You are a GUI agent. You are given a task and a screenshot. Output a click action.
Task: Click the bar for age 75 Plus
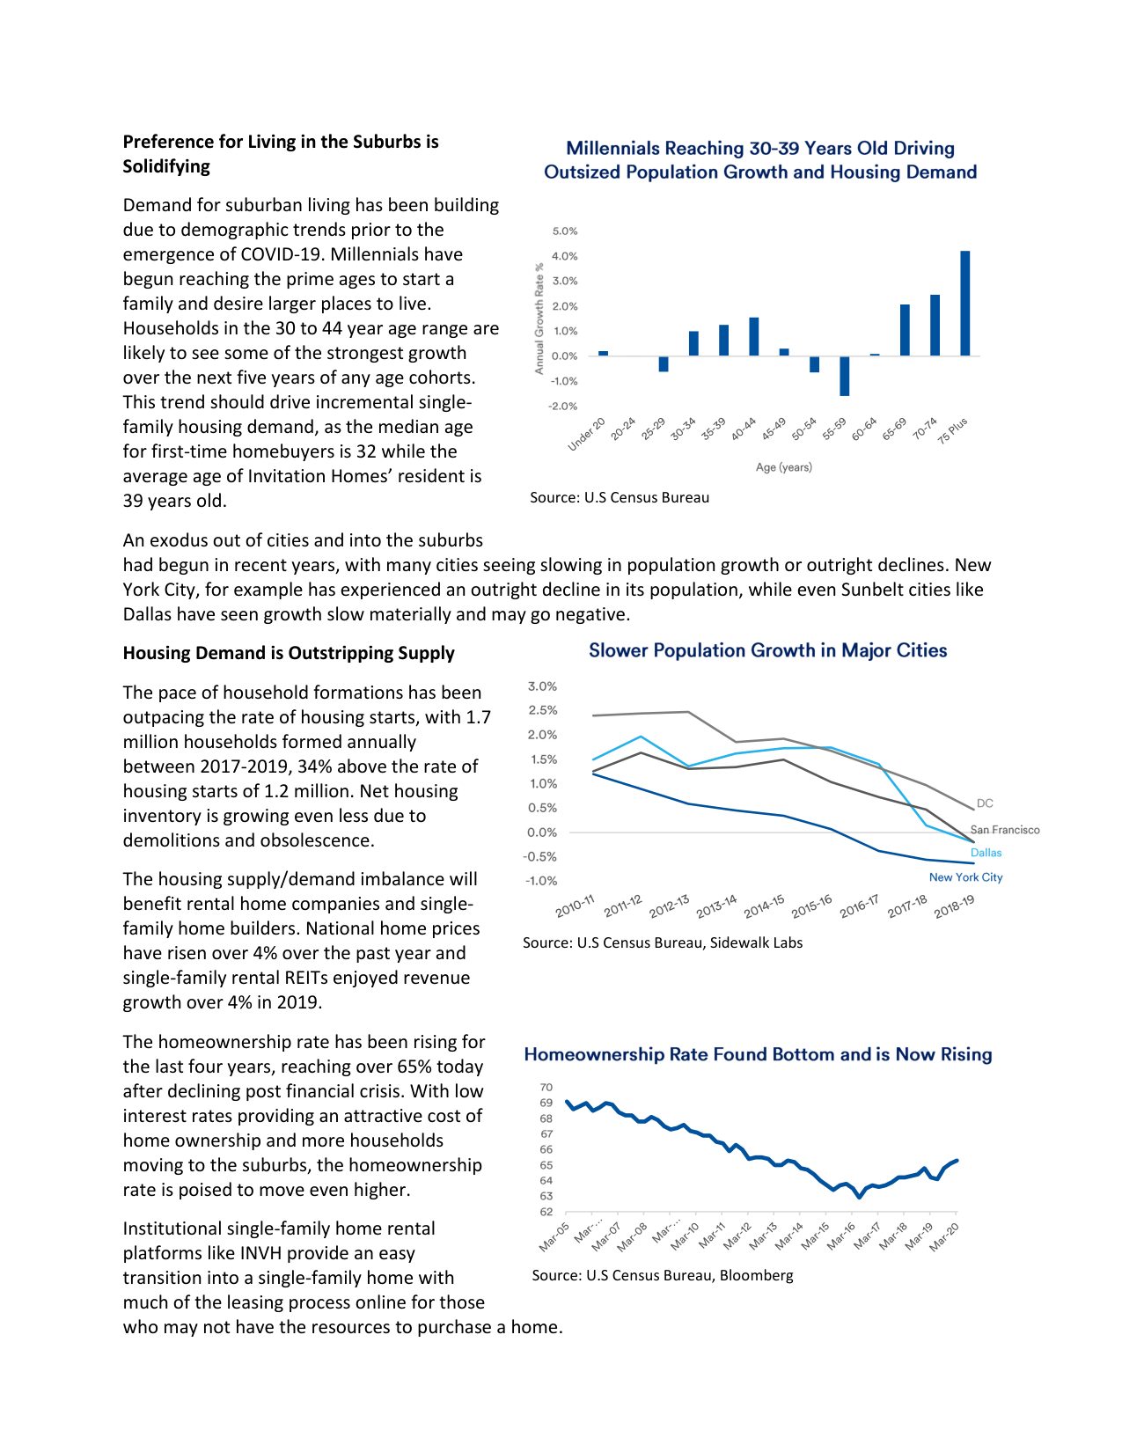(964, 303)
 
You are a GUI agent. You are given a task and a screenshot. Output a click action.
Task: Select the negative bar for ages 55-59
(844, 376)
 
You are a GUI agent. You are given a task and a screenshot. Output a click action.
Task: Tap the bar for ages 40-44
(753, 336)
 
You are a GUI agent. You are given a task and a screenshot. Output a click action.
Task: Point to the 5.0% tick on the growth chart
(564, 231)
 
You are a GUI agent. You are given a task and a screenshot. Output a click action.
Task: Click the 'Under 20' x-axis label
(587, 435)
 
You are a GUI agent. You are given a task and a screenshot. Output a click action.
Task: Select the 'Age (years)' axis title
(783, 467)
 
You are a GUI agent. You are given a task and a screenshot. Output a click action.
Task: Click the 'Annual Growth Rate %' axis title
(539, 318)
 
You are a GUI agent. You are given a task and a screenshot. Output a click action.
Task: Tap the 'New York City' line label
(965, 877)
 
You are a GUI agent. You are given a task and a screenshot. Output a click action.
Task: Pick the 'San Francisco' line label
(1004, 830)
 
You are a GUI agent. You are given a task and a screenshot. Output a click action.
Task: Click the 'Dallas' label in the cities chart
(986, 853)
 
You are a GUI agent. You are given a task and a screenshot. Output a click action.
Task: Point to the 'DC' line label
(985, 803)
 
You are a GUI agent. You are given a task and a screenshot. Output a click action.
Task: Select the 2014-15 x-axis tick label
(763, 906)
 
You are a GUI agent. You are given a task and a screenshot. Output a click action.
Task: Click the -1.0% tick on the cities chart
(540, 881)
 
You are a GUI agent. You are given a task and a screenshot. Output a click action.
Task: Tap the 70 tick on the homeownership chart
(546, 1088)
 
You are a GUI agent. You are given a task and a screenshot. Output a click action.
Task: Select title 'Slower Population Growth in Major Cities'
(767, 651)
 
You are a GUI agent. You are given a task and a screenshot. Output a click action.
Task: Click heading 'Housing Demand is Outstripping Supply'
(289, 653)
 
